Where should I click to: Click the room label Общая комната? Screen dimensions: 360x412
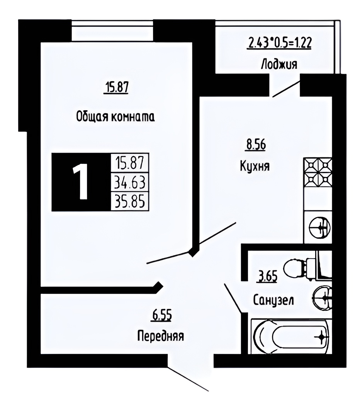(115, 116)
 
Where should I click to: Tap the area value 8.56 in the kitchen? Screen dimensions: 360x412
(255, 145)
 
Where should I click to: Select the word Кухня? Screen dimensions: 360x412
(255, 166)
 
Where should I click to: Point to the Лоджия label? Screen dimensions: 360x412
(279, 64)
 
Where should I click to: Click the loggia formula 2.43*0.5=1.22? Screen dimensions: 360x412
(280, 43)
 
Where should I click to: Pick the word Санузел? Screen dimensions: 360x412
(273, 300)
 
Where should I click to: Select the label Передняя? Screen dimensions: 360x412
(160, 336)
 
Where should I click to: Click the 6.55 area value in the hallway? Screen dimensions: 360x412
(161, 316)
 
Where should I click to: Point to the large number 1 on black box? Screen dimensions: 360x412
(81, 182)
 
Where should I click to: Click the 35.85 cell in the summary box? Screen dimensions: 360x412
(130, 201)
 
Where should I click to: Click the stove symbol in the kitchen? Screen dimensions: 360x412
(318, 172)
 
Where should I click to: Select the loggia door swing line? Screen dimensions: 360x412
(287, 89)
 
